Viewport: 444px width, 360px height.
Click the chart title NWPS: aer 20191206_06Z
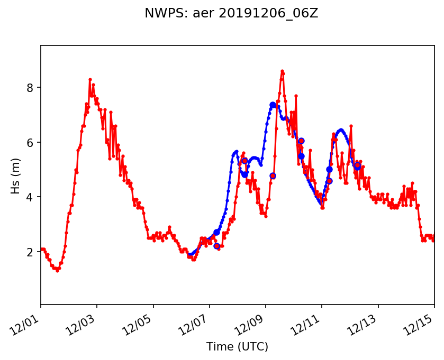click(231, 14)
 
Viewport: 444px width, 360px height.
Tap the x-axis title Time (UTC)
click(237, 347)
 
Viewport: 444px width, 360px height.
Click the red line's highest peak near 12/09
click(282, 71)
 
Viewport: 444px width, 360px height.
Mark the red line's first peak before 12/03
click(90, 79)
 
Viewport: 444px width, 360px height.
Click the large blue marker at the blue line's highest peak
click(273, 105)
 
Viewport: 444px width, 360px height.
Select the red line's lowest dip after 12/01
click(57, 271)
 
